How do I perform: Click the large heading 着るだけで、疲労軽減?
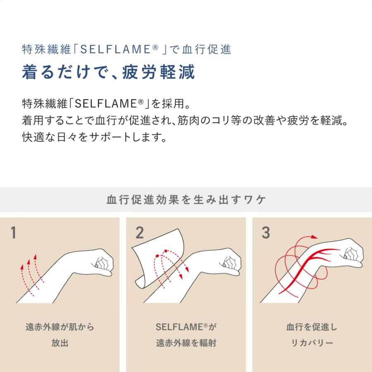108,72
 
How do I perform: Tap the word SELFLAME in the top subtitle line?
118,49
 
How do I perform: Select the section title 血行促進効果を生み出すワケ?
186,200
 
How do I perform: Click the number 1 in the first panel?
13,234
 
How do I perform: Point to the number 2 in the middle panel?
139,234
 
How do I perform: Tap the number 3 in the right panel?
265,234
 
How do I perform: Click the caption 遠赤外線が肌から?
60,327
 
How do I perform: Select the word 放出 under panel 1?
60,343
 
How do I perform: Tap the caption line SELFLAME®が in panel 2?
186,327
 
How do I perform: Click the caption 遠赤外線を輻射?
186,343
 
